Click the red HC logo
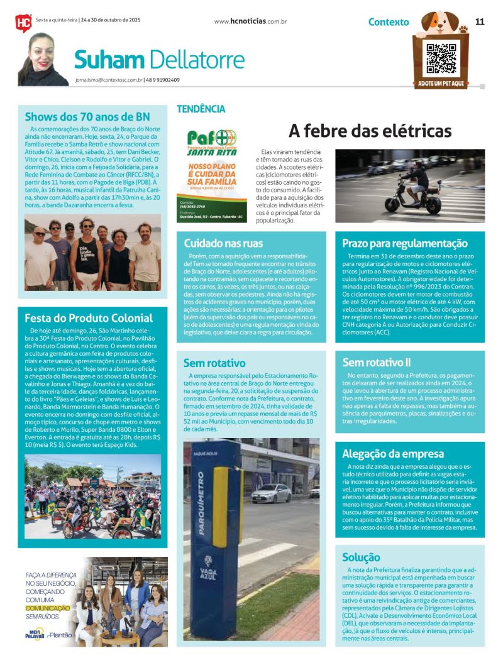click(x=23, y=23)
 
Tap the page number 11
click(x=480, y=21)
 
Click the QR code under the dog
click(x=440, y=58)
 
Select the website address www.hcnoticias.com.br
click(x=250, y=21)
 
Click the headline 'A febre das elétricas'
click(x=370, y=131)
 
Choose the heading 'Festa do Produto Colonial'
click(x=89, y=317)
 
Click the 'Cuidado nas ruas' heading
click(x=223, y=243)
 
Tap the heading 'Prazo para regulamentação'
click(x=405, y=243)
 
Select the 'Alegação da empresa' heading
click(x=393, y=454)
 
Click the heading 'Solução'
click(x=361, y=557)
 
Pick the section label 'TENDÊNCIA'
click(x=201, y=109)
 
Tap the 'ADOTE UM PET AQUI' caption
click(x=440, y=84)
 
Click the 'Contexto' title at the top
click(x=388, y=22)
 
